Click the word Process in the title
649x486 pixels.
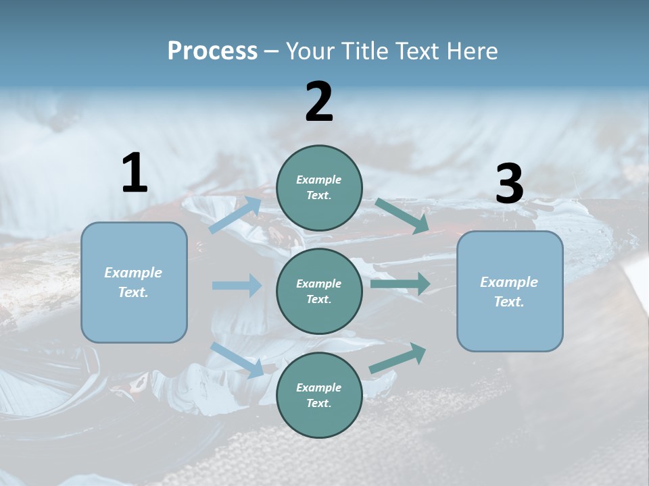[212, 51]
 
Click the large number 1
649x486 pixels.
[135, 172]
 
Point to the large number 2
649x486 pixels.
[319, 101]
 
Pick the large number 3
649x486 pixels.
[510, 183]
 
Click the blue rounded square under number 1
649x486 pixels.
[134, 282]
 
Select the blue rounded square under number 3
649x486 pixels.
[510, 292]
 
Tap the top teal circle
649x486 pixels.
[319, 188]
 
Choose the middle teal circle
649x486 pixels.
[319, 292]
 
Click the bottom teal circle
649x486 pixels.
[319, 395]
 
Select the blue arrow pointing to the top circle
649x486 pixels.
[235, 215]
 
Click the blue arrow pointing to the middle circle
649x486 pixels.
[237, 286]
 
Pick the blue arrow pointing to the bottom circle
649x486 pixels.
[237, 360]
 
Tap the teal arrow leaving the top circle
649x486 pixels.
[402, 216]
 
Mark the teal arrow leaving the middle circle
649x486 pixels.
[400, 284]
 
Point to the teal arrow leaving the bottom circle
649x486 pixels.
[398, 358]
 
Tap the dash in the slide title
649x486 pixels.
[272, 52]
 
